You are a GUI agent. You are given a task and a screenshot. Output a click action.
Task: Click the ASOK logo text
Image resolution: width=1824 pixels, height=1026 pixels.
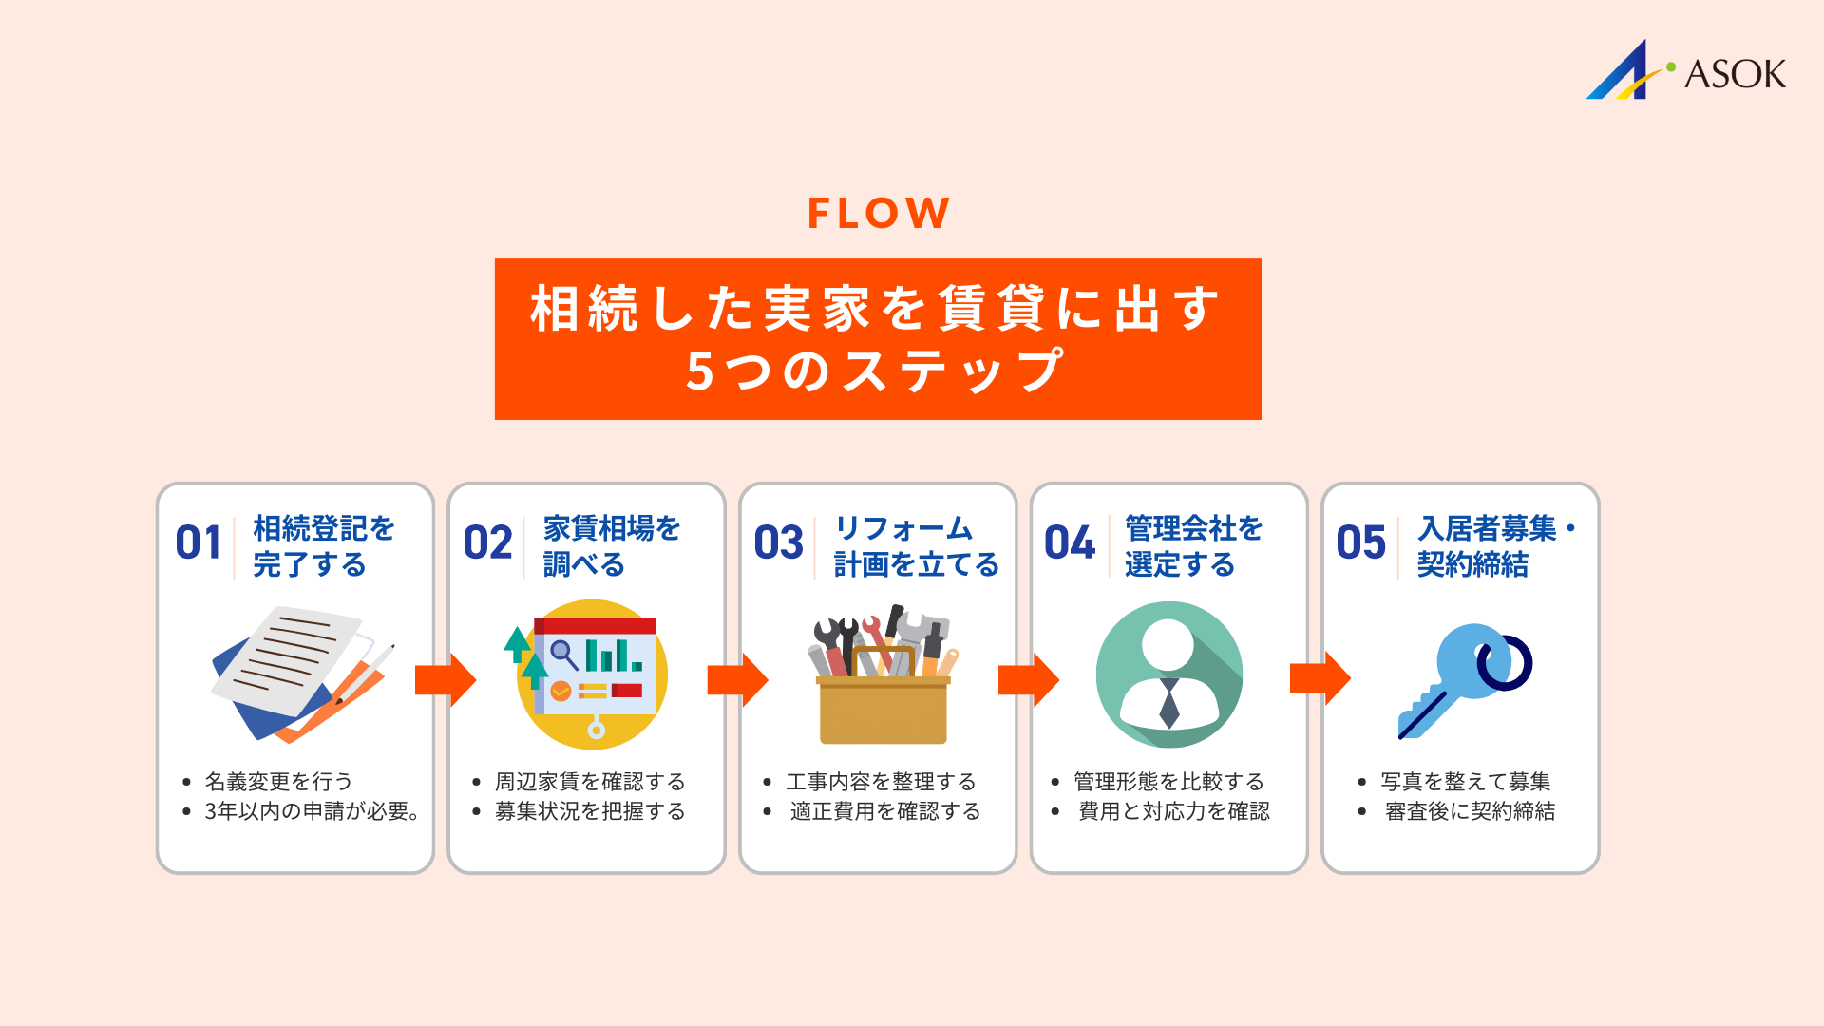pos(1734,74)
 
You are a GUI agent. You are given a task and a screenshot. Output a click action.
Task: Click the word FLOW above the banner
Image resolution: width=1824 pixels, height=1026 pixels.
pos(878,213)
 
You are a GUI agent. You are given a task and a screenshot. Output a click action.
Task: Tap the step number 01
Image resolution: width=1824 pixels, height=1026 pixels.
pos(199,543)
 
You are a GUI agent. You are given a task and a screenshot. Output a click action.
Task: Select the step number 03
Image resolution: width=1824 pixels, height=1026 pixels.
pos(778,543)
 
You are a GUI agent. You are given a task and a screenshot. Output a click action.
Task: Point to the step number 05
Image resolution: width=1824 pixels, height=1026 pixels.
pos(1360,543)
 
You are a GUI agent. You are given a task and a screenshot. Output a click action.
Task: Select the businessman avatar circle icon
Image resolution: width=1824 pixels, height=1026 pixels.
pos(1169,674)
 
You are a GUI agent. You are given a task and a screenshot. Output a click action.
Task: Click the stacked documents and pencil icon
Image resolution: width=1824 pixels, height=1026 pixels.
pos(299,674)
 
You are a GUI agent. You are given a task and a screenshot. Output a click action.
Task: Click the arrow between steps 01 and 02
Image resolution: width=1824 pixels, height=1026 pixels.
pos(445,679)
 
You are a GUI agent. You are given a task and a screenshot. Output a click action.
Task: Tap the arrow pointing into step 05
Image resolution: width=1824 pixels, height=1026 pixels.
pos(1320,678)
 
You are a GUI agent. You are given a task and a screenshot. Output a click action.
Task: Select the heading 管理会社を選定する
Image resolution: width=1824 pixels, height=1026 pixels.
pos(1193,546)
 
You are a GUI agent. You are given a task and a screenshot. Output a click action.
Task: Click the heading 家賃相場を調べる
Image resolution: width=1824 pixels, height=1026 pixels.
pos(611,546)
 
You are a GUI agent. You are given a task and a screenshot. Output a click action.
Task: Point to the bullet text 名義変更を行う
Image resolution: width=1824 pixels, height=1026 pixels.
pos(278,782)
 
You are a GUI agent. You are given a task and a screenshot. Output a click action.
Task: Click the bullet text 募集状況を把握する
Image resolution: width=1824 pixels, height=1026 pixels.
pos(590,811)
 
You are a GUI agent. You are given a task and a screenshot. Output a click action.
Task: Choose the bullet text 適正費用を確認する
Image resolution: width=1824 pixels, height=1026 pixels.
pos(884,811)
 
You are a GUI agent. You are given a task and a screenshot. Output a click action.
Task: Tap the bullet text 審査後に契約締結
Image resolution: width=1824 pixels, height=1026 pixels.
pos(1470,811)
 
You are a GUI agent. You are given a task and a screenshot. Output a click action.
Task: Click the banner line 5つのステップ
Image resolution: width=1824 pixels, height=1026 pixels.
pos(876,371)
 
